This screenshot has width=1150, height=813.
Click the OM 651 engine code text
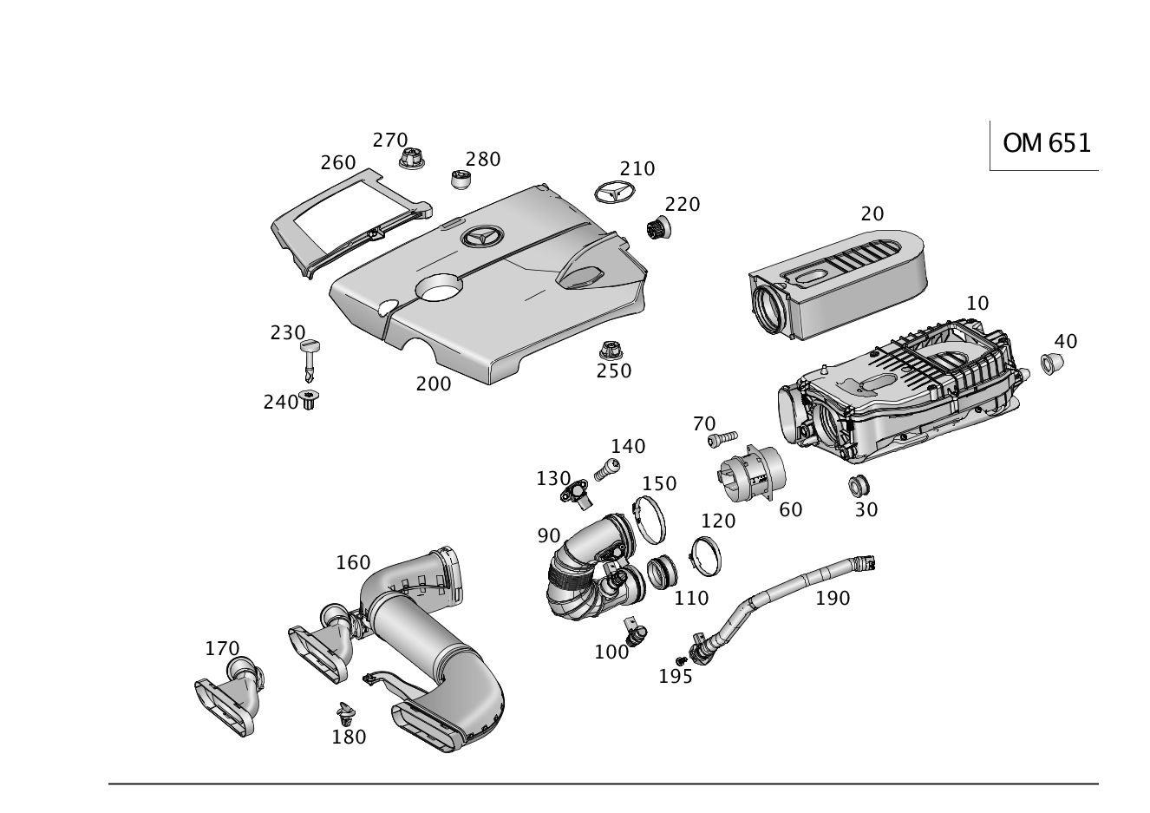(x=1046, y=143)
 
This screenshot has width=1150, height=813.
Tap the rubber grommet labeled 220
(x=659, y=227)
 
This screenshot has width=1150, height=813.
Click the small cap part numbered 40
(x=1052, y=363)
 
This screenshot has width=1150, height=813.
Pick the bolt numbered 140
(x=607, y=469)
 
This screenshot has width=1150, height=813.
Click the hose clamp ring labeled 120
(x=705, y=556)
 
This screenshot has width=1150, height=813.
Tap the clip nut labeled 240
(x=310, y=399)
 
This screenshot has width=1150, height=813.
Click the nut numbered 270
(x=412, y=159)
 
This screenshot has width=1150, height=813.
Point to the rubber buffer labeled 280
(x=461, y=180)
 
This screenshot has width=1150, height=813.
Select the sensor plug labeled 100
(x=636, y=632)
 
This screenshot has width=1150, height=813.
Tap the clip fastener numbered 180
(x=346, y=711)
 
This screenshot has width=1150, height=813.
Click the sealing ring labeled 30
(x=859, y=486)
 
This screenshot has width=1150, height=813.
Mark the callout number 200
(x=434, y=384)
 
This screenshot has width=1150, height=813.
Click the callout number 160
(x=353, y=563)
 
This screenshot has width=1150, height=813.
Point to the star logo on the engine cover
(x=482, y=237)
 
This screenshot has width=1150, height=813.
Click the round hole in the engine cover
(x=439, y=287)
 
